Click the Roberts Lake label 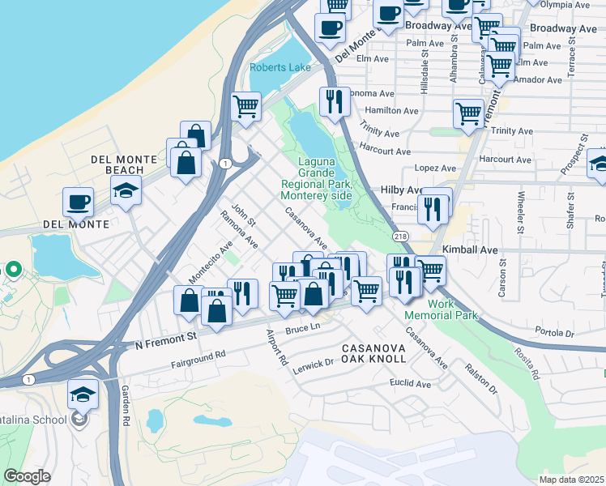coord(280,67)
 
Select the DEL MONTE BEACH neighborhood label coord(117,164)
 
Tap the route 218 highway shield coord(400,235)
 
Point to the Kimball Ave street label coord(470,251)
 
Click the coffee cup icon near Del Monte coord(79,202)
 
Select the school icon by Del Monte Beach coord(127,190)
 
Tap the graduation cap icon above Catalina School coord(83,394)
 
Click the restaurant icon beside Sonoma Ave coord(334,101)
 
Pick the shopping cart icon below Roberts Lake coord(245,106)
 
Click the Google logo coord(27,476)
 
